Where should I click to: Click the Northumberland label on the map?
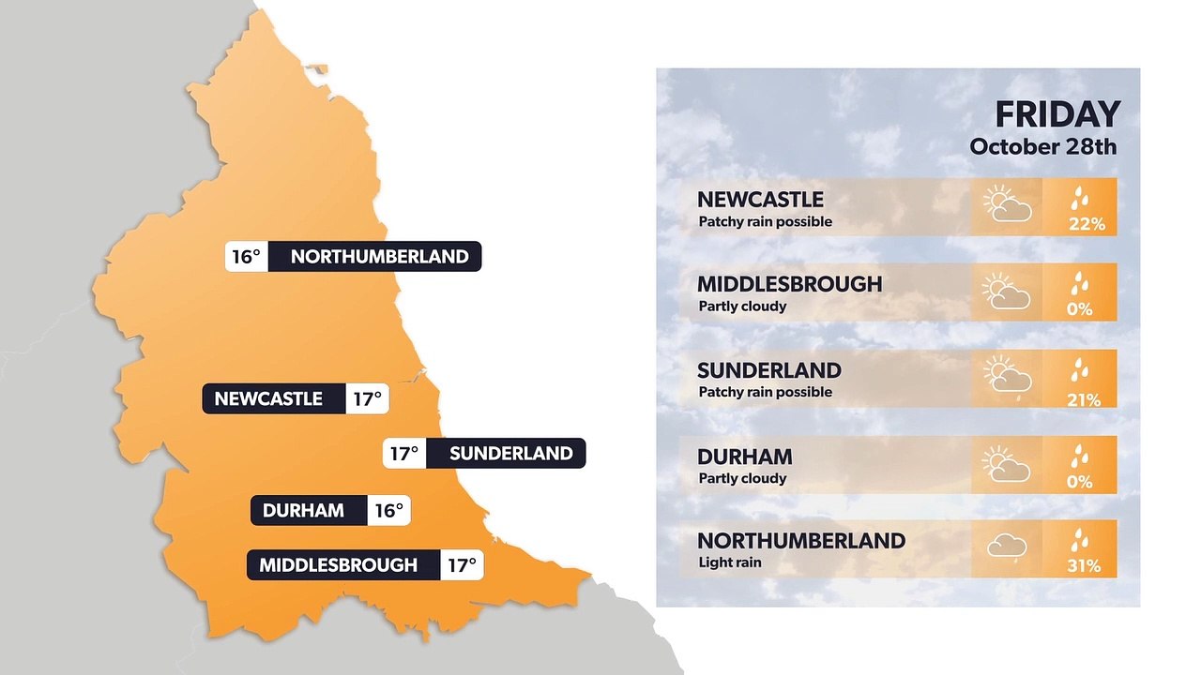(379, 256)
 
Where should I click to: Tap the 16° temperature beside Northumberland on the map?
(246, 256)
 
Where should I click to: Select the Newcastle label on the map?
(268, 398)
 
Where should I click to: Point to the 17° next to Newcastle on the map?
(367, 398)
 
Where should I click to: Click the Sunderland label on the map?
(510, 454)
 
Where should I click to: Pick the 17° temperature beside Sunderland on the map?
(404, 454)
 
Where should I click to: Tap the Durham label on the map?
(303, 511)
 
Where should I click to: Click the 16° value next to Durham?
(388, 511)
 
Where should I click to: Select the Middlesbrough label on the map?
(338, 565)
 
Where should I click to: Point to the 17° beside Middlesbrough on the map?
(462, 565)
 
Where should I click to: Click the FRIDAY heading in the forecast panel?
(1057, 114)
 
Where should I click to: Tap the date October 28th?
(1043, 147)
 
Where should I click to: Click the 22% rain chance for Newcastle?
(1087, 225)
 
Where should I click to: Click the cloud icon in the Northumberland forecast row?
(1006, 547)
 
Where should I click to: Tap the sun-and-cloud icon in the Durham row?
(1006, 465)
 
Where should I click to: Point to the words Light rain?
(730, 562)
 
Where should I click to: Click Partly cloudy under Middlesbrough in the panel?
(742, 307)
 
